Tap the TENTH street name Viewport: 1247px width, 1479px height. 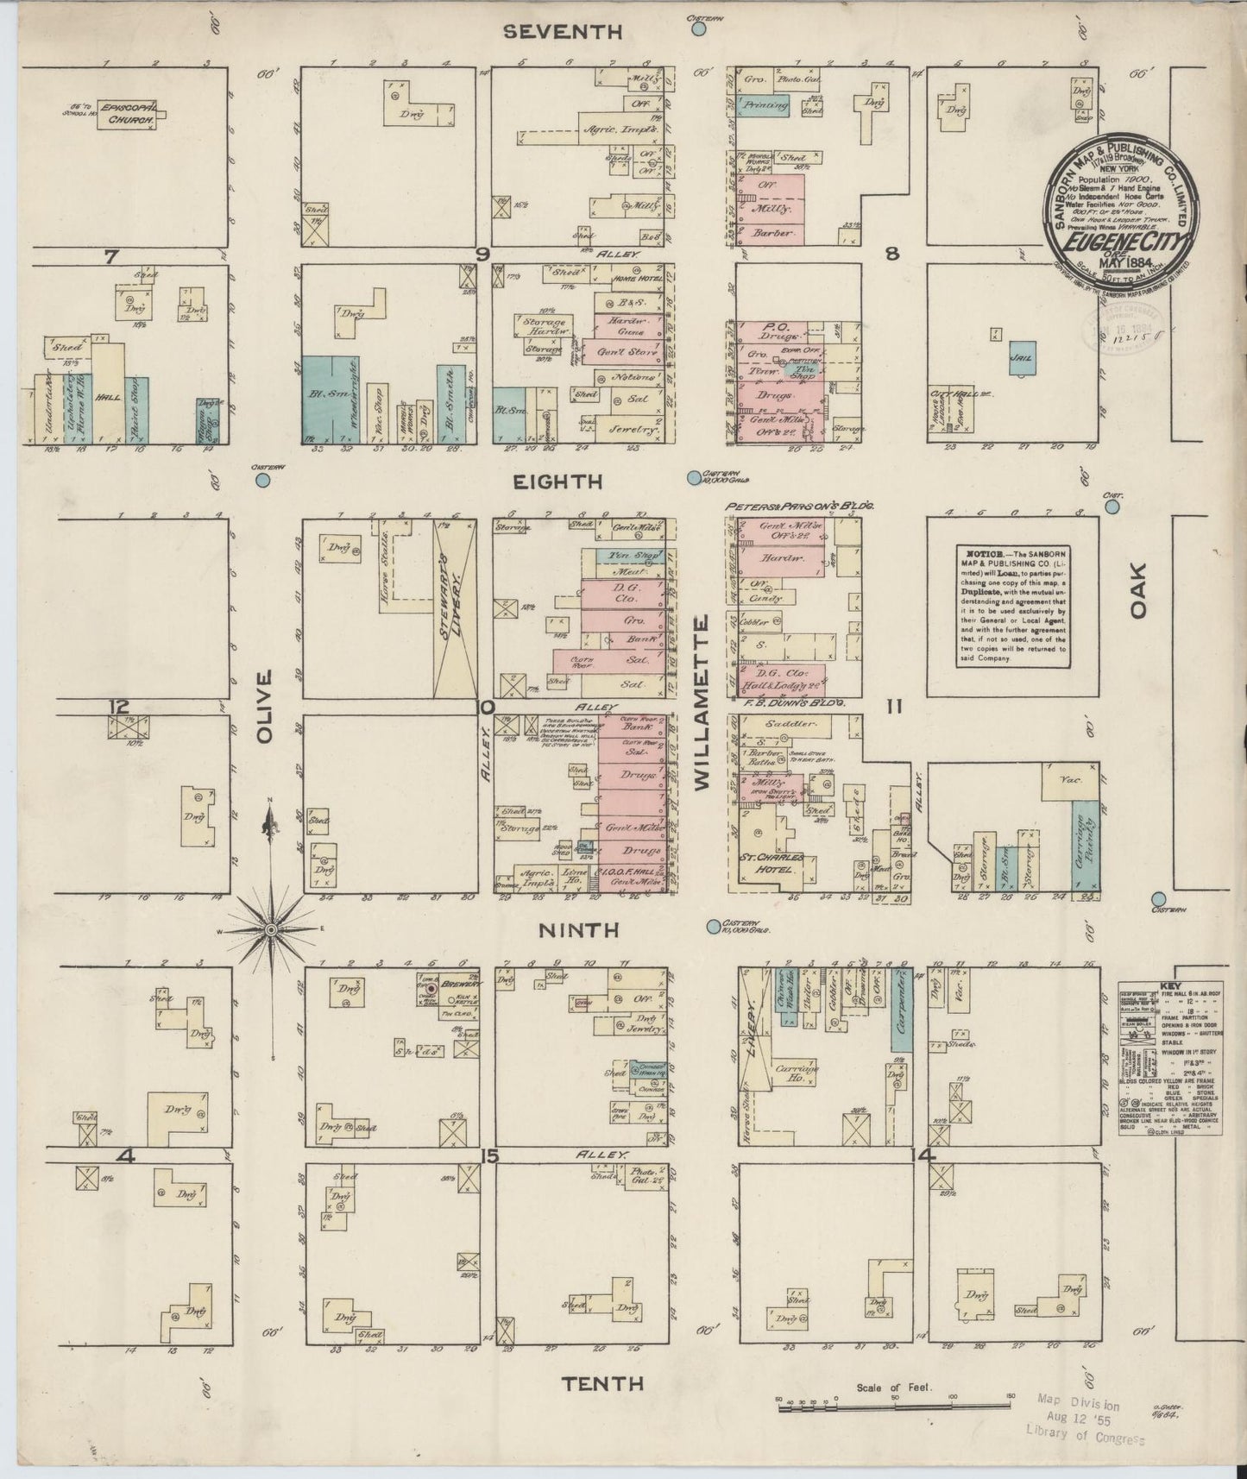point(602,1384)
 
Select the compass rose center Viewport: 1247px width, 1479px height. point(271,929)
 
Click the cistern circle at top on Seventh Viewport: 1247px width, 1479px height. point(698,29)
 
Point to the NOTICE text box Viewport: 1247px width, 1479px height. point(1011,606)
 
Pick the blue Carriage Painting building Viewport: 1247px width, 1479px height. point(1086,844)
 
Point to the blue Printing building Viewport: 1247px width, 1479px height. point(765,105)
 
